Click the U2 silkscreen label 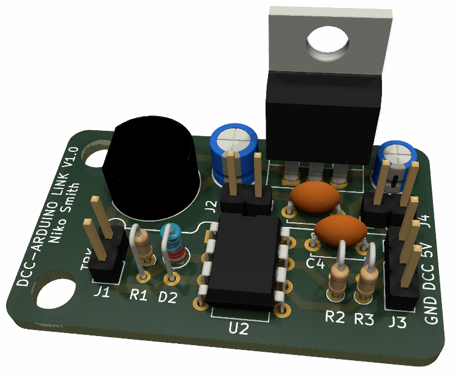coord(239,329)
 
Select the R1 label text coord(139,295)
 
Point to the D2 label coord(167,297)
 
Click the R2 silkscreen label coord(335,317)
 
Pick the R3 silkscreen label coord(364,318)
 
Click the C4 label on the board coord(316,264)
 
